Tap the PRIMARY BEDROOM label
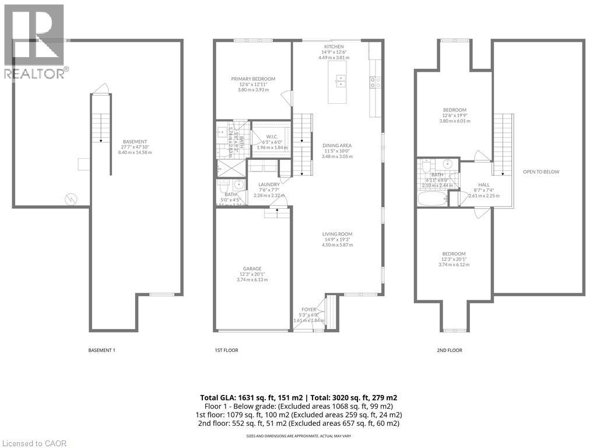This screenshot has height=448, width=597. coord(253,79)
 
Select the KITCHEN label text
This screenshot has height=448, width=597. coord(334,47)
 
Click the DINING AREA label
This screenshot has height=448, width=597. coord(337,146)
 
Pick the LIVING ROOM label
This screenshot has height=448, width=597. coord(337,235)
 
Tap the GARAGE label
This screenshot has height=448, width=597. coord(252,269)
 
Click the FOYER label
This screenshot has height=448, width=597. coord(308,310)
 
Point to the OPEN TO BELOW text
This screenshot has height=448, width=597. coord(540,172)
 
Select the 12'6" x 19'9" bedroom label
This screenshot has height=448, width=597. coord(454,110)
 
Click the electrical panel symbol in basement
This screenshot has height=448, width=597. coord(71,198)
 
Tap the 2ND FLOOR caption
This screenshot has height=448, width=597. coord(450,351)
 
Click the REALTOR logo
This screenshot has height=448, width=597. coord(34,41)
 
